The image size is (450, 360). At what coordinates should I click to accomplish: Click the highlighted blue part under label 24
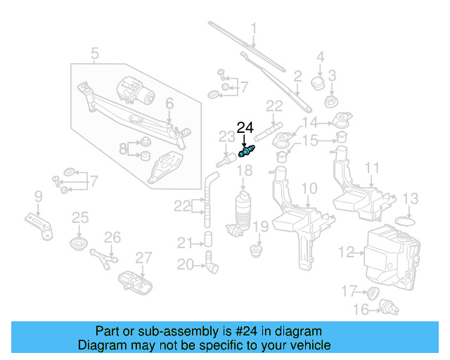pyautogui.click(x=246, y=150)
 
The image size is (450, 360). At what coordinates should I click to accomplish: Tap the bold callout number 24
pyautogui.click(x=245, y=127)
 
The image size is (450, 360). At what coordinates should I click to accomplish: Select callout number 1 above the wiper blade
pyautogui.click(x=253, y=30)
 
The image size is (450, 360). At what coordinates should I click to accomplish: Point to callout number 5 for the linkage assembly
pyautogui.click(x=95, y=53)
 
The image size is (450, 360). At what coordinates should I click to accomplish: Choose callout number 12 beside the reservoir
pyautogui.click(x=346, y=251)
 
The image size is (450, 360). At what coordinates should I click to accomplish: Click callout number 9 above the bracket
pyautogui.click(x=39, y=195)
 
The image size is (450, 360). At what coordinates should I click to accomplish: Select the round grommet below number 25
pyautogui.click(x=79, y=245)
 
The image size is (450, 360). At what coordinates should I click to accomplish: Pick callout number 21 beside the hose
pyautogui.click(x=184, y=243)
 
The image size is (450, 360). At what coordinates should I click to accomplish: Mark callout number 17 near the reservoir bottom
pyautogui.click(x=349, y=290)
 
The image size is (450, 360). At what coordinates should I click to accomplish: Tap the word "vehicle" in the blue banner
pyautogui.click(x=307, y=345)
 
